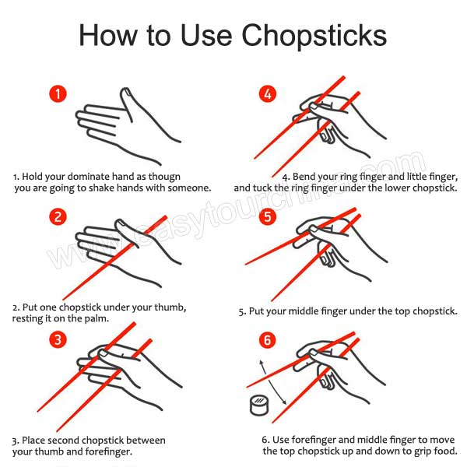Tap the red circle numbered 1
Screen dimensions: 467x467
point(58,94)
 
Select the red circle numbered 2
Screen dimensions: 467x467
point(58,216)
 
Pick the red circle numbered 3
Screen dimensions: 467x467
point(58,339)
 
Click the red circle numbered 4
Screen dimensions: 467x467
point(268,94)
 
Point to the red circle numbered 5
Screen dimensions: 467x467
point(268,216)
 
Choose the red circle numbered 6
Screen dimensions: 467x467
point(268,339)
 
